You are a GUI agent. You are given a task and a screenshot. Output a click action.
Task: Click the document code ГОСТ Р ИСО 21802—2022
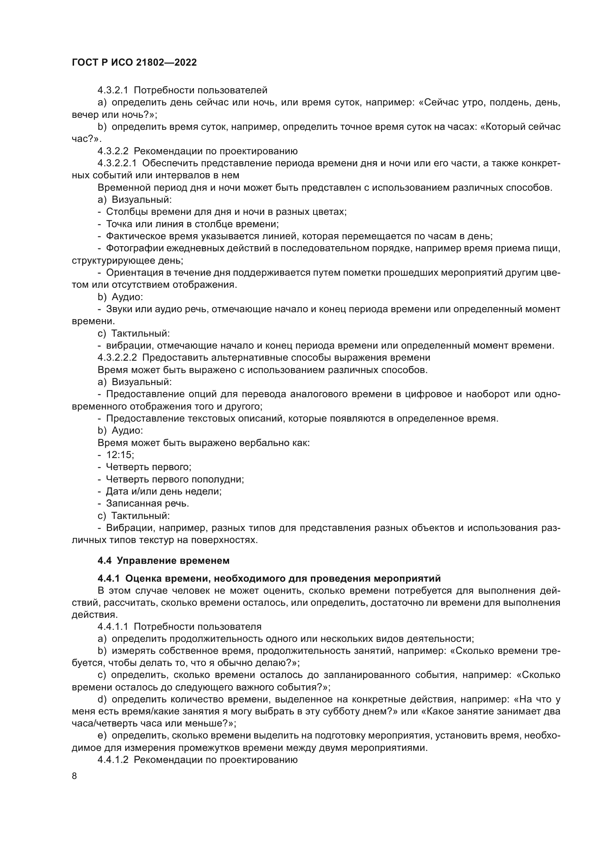coord(134,62)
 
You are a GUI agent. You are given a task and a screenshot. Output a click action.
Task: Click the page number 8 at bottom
coord(74,776)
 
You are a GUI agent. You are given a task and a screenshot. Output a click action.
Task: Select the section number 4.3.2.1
coord(113,90)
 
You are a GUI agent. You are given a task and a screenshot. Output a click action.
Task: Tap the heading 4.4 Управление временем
coord(163,561)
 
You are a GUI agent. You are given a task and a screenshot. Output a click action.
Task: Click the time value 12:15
coord(120,455)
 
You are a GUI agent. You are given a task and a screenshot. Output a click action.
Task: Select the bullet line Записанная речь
coord(147,503)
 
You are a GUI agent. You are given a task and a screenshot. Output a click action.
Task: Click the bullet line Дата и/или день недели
coord(164,491)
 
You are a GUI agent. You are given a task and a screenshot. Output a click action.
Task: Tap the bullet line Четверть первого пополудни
coord(175,479)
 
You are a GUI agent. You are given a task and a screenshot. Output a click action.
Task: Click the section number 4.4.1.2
coord(113,760)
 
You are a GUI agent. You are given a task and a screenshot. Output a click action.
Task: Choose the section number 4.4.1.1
coord(113,627)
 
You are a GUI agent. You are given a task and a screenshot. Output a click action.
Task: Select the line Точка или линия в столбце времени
coord(192,224)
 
